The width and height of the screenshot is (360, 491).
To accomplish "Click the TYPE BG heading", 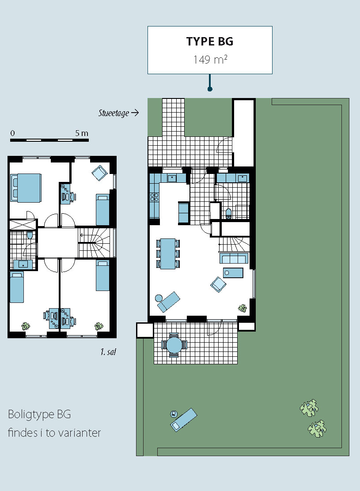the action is pyautogui.click(x=210, y=42).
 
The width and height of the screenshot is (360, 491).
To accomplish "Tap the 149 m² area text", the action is pyautogui.click(x=210, y=59).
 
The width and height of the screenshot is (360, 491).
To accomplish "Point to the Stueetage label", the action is pyautogui.click(x=114, y=113).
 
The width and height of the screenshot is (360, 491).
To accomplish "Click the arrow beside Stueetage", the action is pyautogui.click(x=135, y=113).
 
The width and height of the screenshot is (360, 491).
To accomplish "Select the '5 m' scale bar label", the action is pyautogui.click(x=81, y=133).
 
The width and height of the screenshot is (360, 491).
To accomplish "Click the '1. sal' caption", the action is pyautogui.click(x=108, y=352).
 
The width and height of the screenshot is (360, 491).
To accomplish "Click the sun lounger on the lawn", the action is pyautogui.click(x=184, y=419).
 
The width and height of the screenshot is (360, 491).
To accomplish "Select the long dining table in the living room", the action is pyautogui.click(x=168, y=253).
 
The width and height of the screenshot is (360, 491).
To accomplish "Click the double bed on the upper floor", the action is pyautogui.click(x=26, y=188).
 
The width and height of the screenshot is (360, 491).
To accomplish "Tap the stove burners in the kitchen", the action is pyautogui.click(x=154, y=196).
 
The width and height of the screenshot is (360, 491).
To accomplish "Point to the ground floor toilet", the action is pyautogui.click(x=228, y=213).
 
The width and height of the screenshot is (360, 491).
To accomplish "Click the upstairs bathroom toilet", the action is pyautogui.click(x=30, y=235).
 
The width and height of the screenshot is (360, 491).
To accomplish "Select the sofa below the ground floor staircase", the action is pyautogui.click(x=234, y=258).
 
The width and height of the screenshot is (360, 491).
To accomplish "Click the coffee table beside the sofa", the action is pyautogui.click(x=233, y=273).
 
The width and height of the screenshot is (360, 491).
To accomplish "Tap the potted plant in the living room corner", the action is pyautogui.click(x=242, y=309).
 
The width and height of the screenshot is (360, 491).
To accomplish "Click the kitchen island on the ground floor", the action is pyautogui.click(x=184, y=213).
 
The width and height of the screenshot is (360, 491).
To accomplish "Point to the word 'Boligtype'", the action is pyautogui.click(x=31, y=415).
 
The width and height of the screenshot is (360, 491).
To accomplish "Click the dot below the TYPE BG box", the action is pyautogui.click(x=210, y=89).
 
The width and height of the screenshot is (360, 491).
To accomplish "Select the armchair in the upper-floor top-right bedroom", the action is pyautogui.click(x=100, y=173).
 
